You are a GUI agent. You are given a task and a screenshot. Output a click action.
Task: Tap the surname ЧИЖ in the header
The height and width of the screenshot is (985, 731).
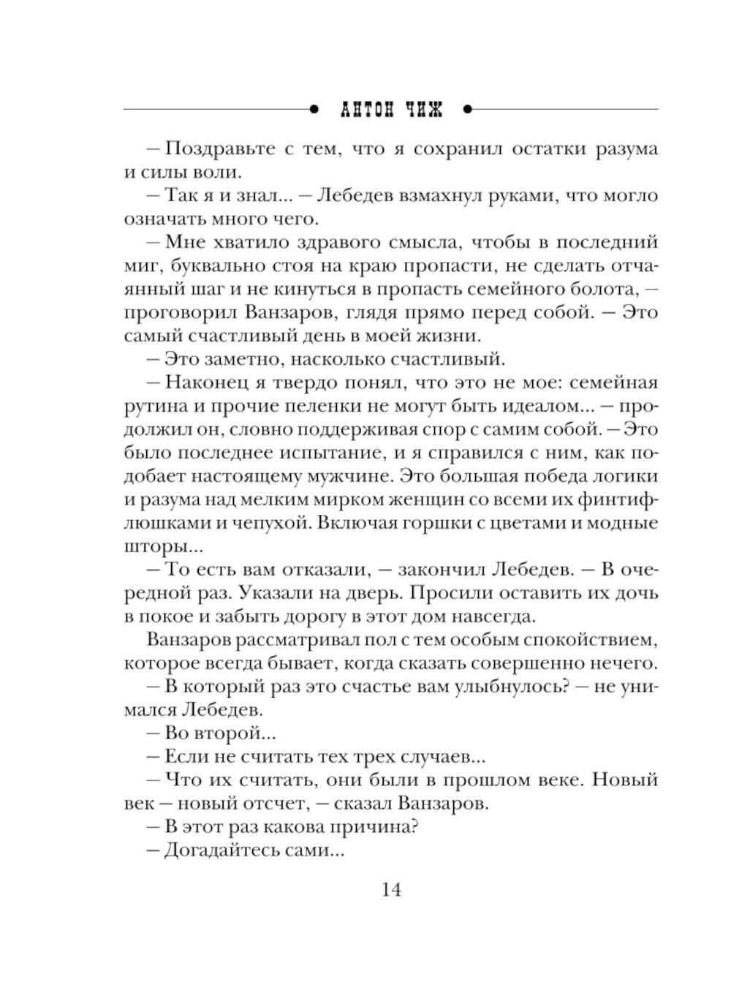(x=426, y=110)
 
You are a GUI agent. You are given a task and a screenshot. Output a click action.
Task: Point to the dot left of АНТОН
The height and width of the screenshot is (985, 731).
(x=314, y=110)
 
